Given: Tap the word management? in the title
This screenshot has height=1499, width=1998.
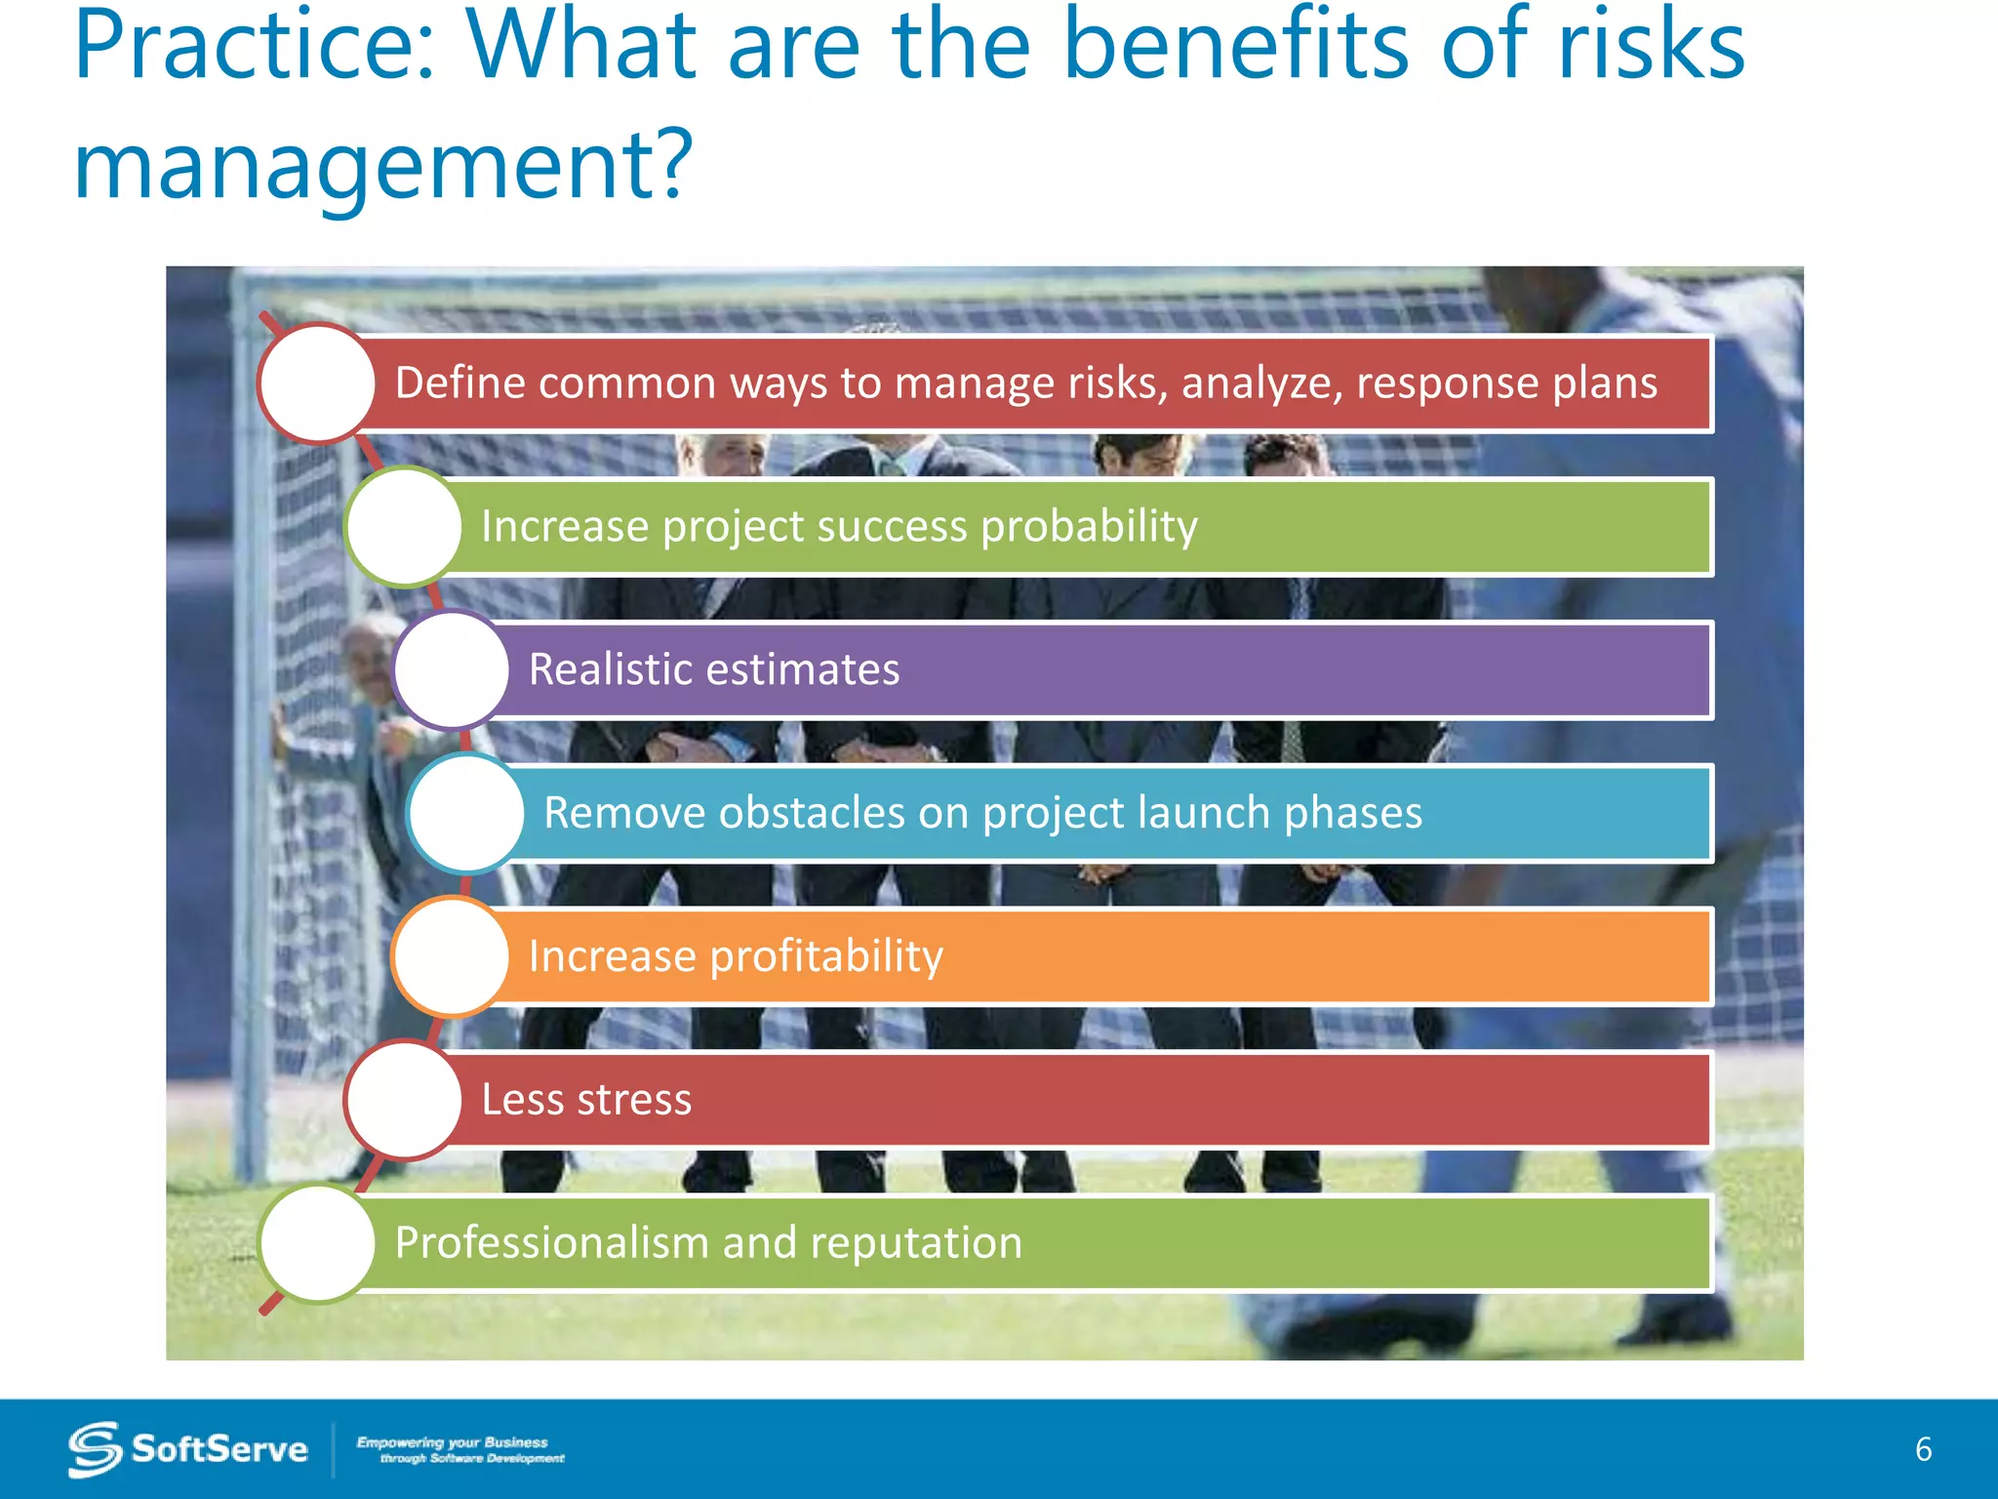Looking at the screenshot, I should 382,166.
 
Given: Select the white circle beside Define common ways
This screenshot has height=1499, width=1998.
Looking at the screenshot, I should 317,384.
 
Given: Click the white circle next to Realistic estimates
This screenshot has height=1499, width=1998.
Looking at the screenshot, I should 451,670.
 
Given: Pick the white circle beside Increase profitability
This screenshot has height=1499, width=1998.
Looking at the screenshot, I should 451,956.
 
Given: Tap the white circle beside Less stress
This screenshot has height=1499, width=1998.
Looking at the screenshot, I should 403,1100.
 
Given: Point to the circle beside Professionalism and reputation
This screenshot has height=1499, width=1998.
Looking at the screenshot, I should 317,1243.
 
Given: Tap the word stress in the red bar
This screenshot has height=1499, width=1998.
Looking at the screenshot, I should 634,1100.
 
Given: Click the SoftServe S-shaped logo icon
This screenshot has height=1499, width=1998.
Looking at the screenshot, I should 95,1449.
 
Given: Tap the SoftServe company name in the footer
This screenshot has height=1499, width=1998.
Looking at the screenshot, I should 220,1449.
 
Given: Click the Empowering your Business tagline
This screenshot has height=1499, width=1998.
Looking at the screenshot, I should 460,1449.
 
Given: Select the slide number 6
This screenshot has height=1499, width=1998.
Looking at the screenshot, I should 1923,1449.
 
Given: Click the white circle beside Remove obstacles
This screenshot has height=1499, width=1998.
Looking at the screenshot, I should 466,813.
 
